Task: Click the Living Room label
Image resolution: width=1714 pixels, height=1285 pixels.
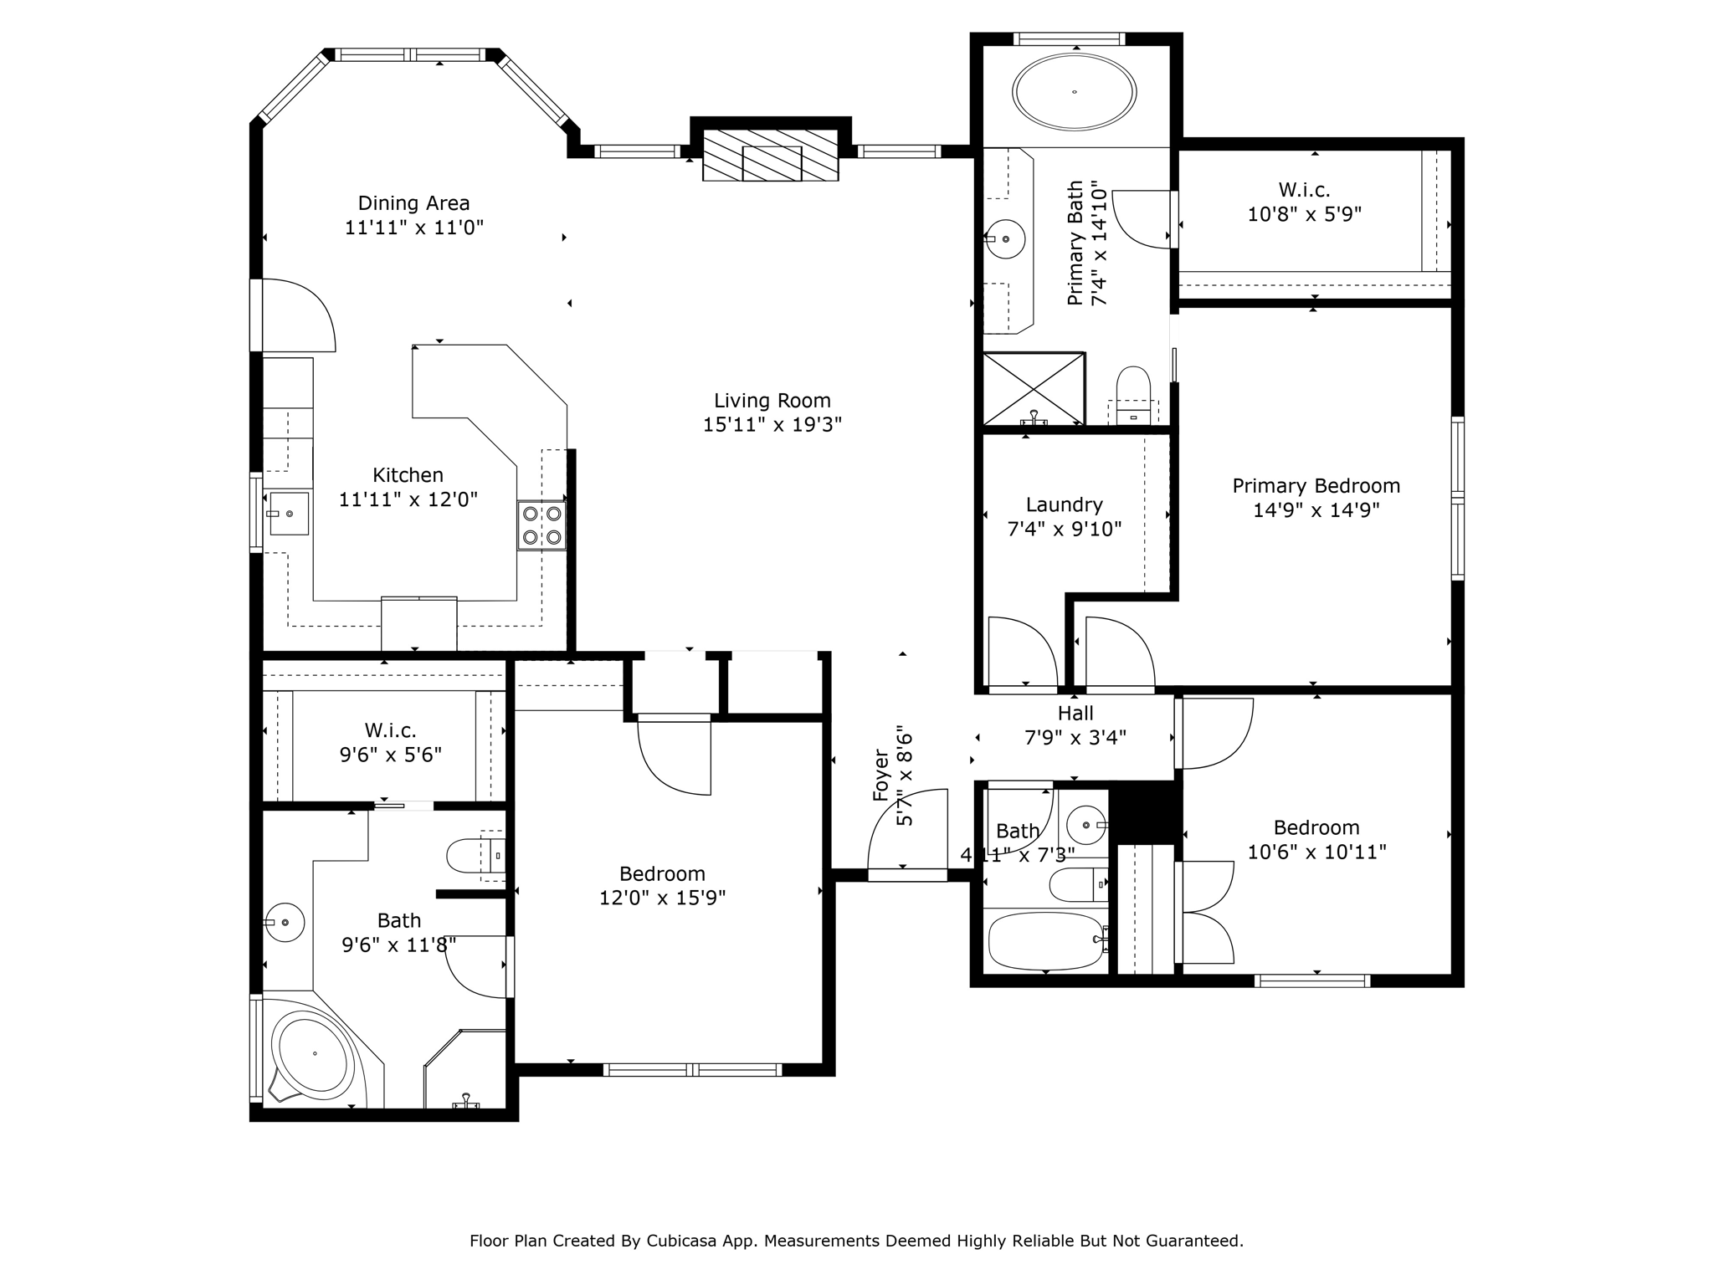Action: pos(772,401)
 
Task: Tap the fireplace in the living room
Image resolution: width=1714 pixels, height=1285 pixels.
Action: pos(770,155)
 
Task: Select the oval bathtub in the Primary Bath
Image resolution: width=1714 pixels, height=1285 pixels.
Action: pos(1075,92)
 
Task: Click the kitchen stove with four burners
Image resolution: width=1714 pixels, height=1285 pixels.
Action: pos(541,525)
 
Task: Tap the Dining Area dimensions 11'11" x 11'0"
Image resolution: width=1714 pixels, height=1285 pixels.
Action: pos(414,228)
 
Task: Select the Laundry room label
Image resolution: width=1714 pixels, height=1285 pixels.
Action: pos(1064,504)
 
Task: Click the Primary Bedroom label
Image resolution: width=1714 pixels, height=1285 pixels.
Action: pos(1316,486)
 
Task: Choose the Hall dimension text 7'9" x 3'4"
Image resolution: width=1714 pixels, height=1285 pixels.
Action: pos(1075,738)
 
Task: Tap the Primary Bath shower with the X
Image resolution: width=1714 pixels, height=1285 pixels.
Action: pos(1034,389)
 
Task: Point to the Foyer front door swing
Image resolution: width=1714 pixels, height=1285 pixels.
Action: pos(907,830)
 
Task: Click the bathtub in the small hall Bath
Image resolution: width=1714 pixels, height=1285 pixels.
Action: pos(1046,940)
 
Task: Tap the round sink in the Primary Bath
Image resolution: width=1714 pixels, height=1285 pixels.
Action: pos(1006,240)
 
